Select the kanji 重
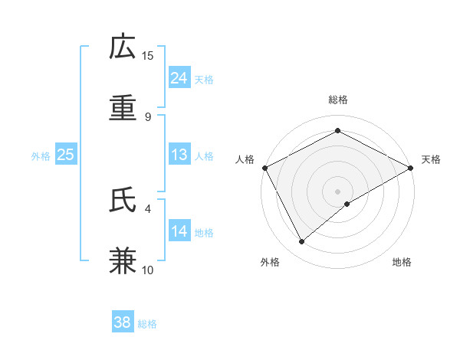(x=123, y=108)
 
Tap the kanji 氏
(x=123, y=200)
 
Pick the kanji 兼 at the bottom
(x=123, y=260)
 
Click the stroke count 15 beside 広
(x=148, y=55)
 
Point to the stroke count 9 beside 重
(x=147, y=116)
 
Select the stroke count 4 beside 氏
(x=147, y=208)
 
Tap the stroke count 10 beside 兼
(x=148, y=270)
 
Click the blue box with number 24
(x=179, y=78)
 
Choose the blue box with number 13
(x=179, y=155)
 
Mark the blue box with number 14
(x=179, y=231)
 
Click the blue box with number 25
(x=66, y=155)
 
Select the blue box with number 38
(x=123, y=323)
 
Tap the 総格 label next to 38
(x=147, y=324)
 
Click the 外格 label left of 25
(x=41, y=155)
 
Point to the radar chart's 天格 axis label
(x=431, y=160)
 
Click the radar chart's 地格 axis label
(x=402, y=262)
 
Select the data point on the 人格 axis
(x=264, y=168)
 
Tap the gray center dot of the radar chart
(x=337, y=191)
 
